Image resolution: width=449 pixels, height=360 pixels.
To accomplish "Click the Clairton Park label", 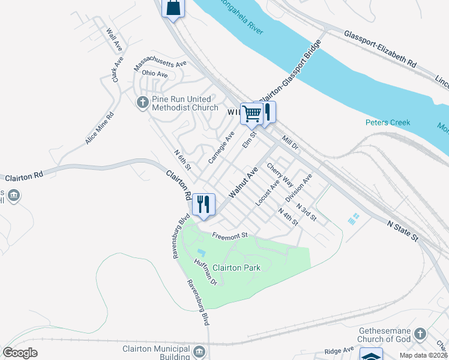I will pyautogui.click(x=236, y=268).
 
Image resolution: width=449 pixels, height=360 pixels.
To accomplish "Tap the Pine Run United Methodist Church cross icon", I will pyautogui.click(x=143, y=103).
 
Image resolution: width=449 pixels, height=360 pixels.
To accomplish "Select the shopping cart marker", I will pyautogui.click(x=252, y=113).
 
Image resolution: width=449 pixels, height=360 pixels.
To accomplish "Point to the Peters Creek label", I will pyautogui.click(x=388, y=122).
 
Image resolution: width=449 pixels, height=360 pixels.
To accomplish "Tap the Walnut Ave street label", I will pyautogui.click(x=243, y=183).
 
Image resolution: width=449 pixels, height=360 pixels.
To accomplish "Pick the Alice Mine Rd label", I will pyautogui.click(x=99, y=129).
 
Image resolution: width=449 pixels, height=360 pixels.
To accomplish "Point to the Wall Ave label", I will pyautogui.click(x=114, y=40).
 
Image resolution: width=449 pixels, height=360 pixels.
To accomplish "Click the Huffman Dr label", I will pyautogui.click(x=205, y=271).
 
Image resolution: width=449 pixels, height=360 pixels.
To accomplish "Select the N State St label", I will pyautogui.click(x=402, y=230).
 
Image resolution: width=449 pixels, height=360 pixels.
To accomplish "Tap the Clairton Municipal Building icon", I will pyautogui.click(x=200, y=350).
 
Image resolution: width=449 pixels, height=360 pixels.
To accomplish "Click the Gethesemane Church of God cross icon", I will pyautogui.click(x=420, y=334).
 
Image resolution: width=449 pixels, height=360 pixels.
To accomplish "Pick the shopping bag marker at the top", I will pyautogui.click(x=173, y=8).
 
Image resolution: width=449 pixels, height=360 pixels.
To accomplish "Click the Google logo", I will pyautogui.click(x=20, y=353).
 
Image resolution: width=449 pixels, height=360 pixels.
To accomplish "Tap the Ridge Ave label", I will pyautogui.click(x=339, y=350).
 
